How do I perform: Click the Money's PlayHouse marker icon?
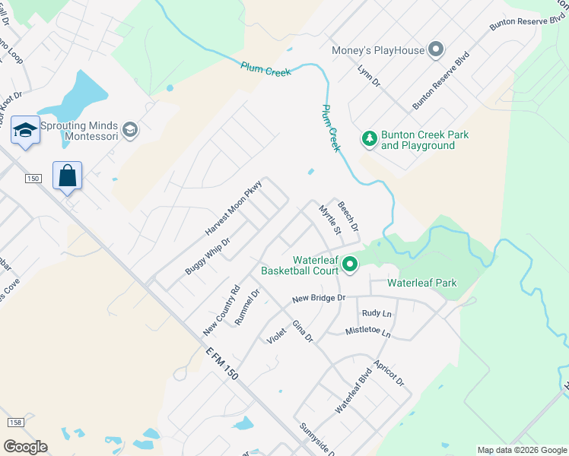(x=436, y=51)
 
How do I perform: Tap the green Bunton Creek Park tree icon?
(x=369, y=138)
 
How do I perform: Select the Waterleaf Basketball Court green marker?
(x=350, y=264)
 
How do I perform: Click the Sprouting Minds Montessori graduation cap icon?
(x=130, y=129)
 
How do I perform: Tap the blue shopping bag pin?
(x=68, y=176)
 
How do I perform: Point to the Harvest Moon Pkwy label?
(x=234, y=207)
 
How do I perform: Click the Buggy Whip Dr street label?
(x=207, y=255)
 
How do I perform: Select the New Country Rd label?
(x=221, y=311)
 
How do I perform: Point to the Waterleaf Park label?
(x=422, y=283)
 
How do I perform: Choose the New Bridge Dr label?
(x=319, y=299)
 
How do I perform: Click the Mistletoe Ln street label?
(x=367, y=333)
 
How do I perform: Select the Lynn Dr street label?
(x=368, y=75)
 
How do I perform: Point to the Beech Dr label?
(x=348, y=217)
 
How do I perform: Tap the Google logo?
(x=25, y=447)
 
